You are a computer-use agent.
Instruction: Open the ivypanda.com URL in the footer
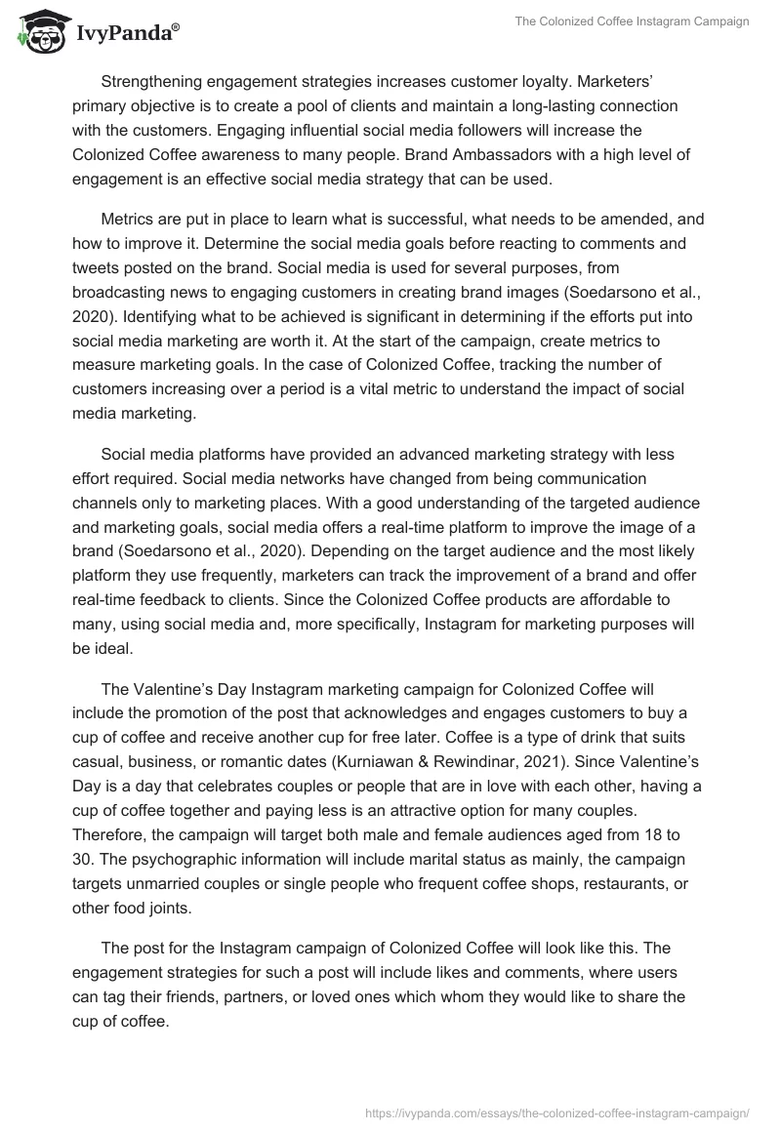[x=555, y=1112]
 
